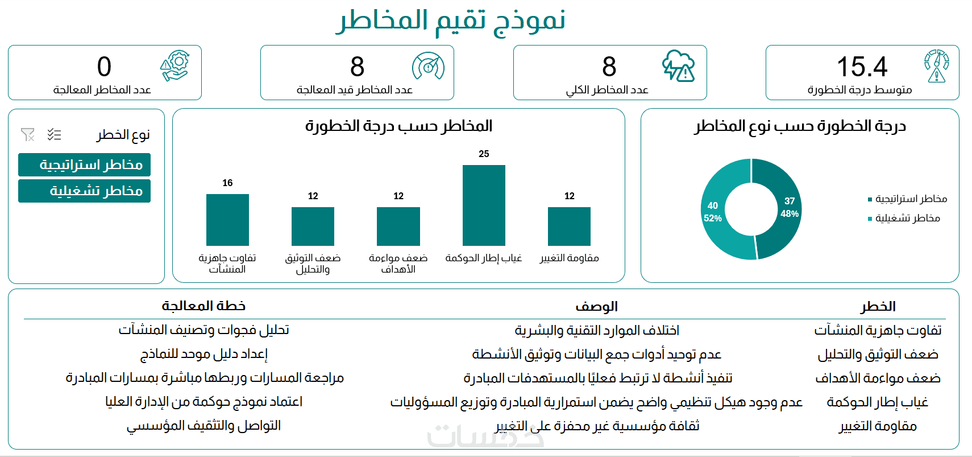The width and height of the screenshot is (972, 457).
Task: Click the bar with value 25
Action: [484, 205]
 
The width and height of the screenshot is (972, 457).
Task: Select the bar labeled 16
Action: [227, 220]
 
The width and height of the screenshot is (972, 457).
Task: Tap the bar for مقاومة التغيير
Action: [569, 227]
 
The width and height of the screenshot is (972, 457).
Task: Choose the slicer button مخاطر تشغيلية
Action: [85, 191]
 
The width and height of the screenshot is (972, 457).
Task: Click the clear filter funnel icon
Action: [27, 134]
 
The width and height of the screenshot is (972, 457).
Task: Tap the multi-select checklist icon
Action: [54, 134]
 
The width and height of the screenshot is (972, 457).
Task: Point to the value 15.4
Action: [862, 67]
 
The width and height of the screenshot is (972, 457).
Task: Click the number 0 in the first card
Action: [104, 67]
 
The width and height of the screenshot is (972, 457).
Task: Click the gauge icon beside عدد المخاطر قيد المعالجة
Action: [428, 67]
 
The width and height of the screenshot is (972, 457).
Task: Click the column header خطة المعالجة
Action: [203, 306]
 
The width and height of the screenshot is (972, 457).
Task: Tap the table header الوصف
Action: [596, 307]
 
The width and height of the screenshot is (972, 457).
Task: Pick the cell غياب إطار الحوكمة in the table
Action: [877, 402]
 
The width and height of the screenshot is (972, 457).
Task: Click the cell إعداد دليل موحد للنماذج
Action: [203, 354]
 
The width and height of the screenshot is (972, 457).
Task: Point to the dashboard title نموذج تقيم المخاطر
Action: [451, 20]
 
